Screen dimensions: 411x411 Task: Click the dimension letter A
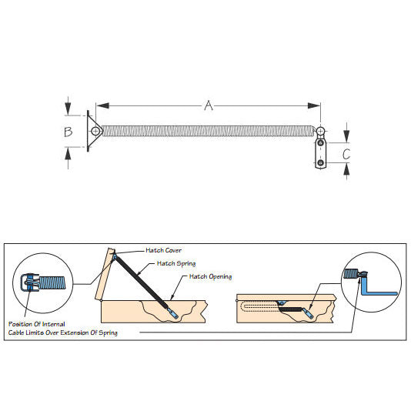point(209,105)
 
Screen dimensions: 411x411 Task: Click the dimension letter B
point(68,132)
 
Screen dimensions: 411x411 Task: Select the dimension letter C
point(346,154)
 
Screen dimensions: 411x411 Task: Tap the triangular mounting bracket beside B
point(93,131)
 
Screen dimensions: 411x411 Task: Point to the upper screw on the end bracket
point(321,143)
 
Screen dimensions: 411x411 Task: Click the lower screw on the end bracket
point(321,163)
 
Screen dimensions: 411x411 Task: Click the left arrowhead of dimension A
point(103,105)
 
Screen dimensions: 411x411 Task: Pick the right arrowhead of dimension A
point(314,105)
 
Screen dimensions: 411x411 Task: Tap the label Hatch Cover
point(164,250)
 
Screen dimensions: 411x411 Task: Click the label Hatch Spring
point(176,263)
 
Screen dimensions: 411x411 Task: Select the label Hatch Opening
point(210,277)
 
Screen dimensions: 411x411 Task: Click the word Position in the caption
point(21,324)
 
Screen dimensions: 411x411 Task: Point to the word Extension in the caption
point(74,332)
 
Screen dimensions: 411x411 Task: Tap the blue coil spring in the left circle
point(52,282)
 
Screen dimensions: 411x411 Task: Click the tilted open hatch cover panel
point(105,274)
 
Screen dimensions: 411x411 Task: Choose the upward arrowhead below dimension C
point(346,170)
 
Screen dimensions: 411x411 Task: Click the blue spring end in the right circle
point(351,274)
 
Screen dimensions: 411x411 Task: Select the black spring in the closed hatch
point(291,309)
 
